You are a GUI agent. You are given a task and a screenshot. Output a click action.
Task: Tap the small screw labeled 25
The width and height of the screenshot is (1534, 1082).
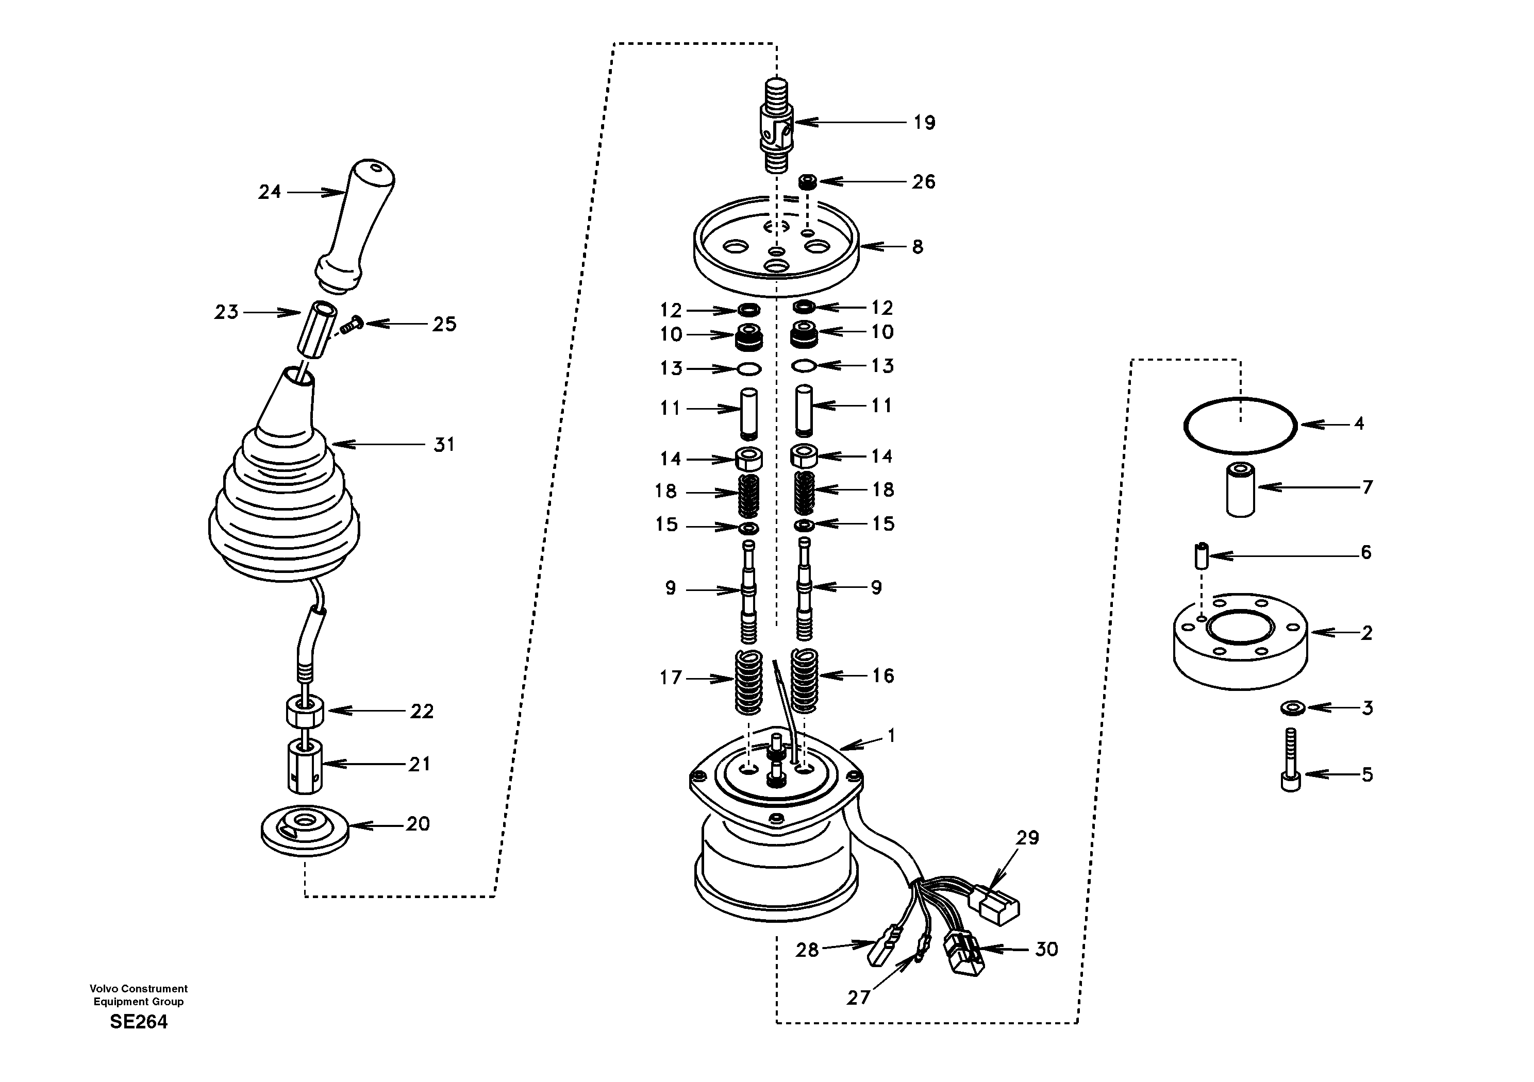point(349,326)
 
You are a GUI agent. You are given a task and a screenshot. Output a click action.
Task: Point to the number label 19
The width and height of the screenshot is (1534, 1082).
point(925,123)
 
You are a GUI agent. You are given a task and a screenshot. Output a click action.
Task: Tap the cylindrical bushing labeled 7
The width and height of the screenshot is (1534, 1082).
point(1240,489)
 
